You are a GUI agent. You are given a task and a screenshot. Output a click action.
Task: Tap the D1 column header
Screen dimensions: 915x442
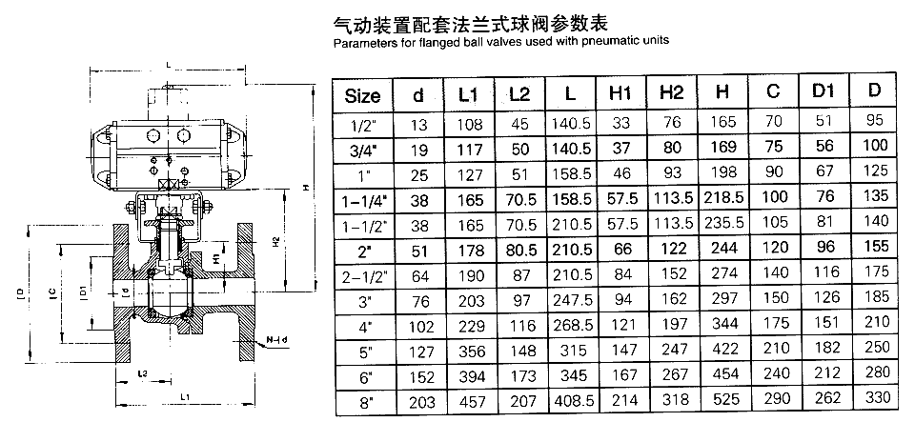(823, 90)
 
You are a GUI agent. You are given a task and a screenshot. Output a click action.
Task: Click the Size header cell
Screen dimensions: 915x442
(362, 95)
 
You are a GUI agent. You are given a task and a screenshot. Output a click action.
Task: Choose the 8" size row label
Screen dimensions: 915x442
(366, 402)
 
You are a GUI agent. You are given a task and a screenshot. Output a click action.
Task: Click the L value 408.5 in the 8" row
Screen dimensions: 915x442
(571, 401)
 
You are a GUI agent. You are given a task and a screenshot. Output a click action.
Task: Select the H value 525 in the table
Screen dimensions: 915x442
(723, 399)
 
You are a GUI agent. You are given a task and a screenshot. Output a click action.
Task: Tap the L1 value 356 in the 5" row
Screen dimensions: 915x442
(469, 352)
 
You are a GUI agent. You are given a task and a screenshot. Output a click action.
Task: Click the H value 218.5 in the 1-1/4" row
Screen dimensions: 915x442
(723, 197)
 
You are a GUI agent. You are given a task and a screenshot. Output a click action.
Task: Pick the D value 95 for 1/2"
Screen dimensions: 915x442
(875, 119)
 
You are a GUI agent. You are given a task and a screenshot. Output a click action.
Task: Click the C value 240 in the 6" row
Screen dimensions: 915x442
(773, 373)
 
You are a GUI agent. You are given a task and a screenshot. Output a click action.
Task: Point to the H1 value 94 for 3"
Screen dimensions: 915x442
(622, 299)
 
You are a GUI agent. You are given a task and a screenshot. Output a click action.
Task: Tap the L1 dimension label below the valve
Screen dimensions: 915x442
(185, 396)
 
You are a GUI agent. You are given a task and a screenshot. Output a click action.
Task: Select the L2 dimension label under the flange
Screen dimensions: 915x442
(142, 373)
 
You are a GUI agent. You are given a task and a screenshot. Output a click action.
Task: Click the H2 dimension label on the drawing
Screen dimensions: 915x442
(275, 240)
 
